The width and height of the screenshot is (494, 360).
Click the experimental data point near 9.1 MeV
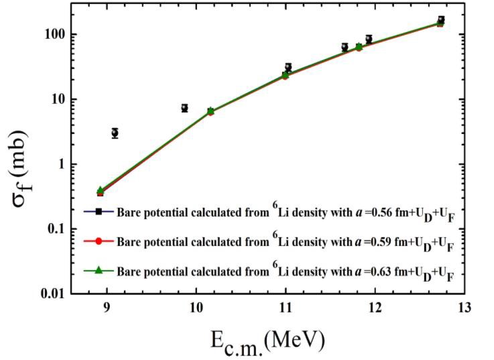(115, 133)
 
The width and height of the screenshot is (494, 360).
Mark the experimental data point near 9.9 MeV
(184, 108)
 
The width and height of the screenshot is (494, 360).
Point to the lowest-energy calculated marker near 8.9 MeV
(101, 192)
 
